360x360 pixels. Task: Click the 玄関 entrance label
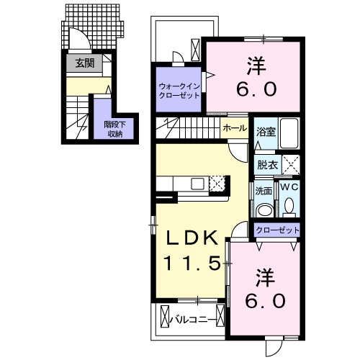click(x=85, y=63)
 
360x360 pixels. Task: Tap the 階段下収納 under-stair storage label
click(x=115, y=129)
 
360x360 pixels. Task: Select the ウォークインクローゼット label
click(x=179, y=91)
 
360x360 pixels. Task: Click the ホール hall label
click(x=235, y=128)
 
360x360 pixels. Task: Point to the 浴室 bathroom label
click(x=266, y=132)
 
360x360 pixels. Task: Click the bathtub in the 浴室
click(x=289, y=133)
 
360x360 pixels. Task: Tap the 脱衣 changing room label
click(x=267, y=165)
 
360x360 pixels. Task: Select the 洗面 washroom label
click(x=264, y=191)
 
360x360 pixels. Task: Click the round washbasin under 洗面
click(x=264, y=210)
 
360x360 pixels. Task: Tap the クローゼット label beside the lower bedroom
click(x=277, y=230)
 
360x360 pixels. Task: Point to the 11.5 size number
click(x=192, y=263)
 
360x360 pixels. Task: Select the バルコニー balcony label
click(x=193, y=320)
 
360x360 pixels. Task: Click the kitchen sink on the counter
click(x=197, y=184)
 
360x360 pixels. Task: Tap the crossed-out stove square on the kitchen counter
click(x=217, y=184)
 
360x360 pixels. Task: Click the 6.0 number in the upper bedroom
click(x=256, y=89)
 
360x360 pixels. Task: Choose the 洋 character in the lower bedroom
click(x=265, y=277)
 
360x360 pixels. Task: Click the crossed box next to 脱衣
click(x=291, y=165)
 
